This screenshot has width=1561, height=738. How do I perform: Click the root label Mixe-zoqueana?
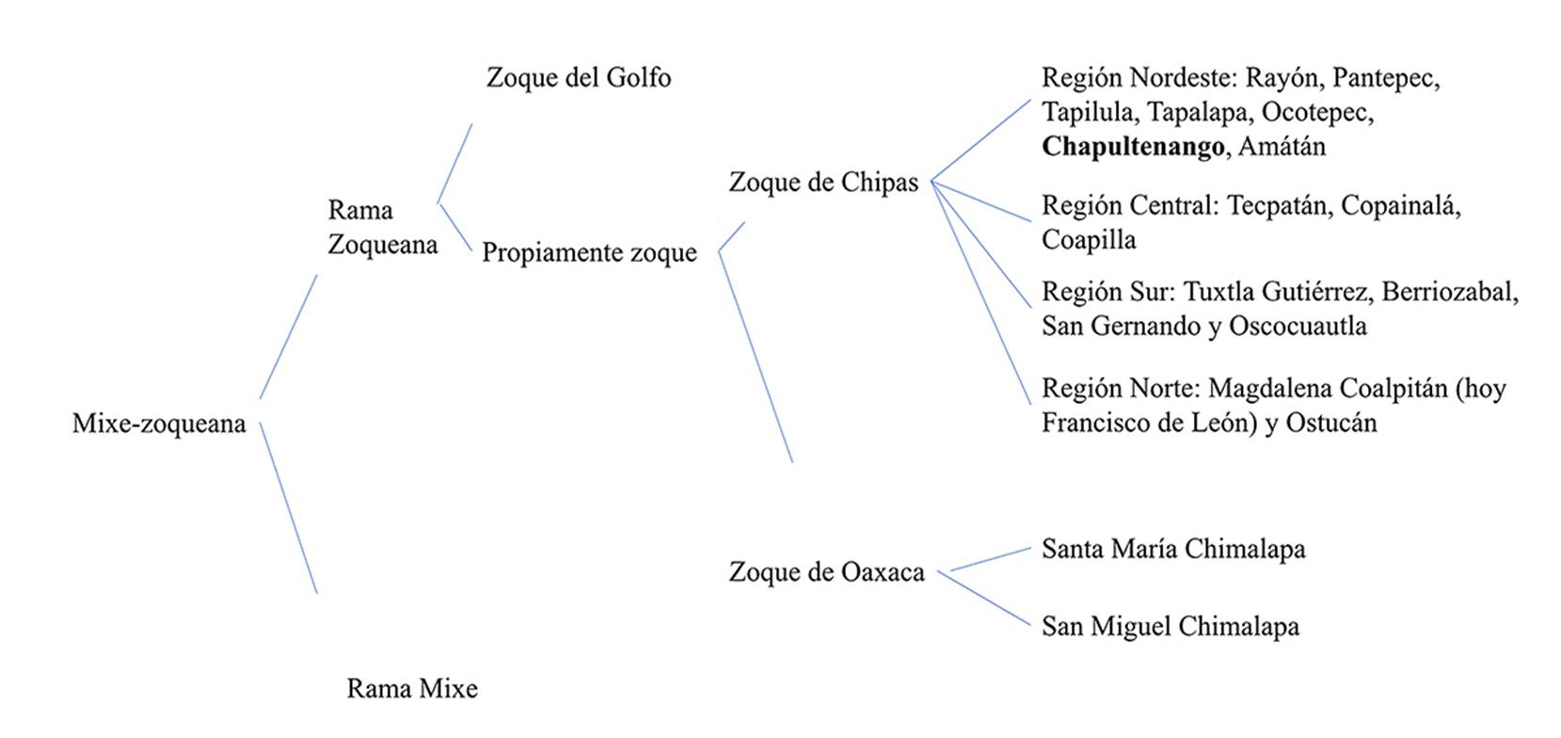pyautogui.click(x=159, y=424)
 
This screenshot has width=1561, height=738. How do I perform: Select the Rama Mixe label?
pyautogui.click(x=412, y=688)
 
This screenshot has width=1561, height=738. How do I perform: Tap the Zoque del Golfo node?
pyautogui.click(x=579, y=77)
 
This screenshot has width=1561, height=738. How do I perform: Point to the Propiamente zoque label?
pyautogui.click(x=589, y=252)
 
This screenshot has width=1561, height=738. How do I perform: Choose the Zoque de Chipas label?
pyautogui.click(x=823, y=182)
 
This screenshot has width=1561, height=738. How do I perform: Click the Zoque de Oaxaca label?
pyautogui.click(x=826, y=571)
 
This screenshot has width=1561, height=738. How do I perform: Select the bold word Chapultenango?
pyautogui.click(x=1133, y=147)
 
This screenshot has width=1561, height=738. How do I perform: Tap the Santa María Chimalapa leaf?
pyautogui.click(x=1173, y=549)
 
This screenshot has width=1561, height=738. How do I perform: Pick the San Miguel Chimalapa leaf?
pyautogui.click(x=1170, y=626)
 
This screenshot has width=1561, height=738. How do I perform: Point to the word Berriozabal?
pyautogui.click(x=1450, y=292)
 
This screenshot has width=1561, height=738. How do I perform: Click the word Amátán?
pyautogui.click(x=1282, y=147)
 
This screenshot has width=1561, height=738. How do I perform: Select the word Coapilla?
pyautogui.click(x=1089, y=240)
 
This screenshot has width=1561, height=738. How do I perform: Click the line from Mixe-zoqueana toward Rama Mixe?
pyautogui.click(x=288, y=508)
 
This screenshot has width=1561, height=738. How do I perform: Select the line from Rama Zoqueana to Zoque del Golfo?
pyautogui.click(x=454, y=163)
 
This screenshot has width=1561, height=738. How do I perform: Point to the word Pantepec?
pyautogui.click(x=1386, y=77)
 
